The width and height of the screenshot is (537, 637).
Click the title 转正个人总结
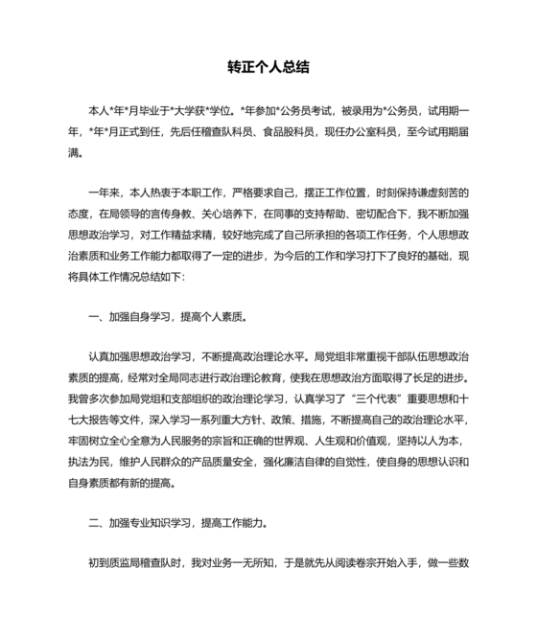tap(268, 69)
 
